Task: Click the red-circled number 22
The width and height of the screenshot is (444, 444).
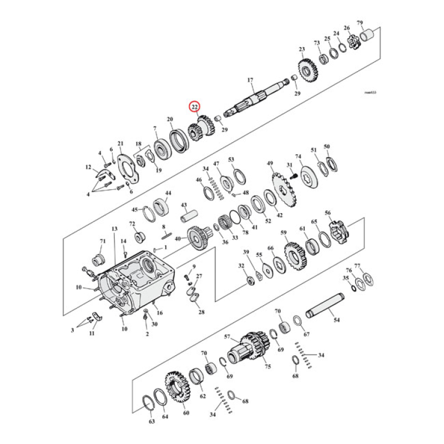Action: click(x=195, y=107)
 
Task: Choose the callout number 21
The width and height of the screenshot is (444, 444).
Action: click(x=120, y=144)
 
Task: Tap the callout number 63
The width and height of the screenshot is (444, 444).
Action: click(x=152, y=422)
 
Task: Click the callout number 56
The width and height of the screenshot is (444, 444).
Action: click(x=327, y=213)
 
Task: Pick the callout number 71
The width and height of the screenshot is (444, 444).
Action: click(x=102, y=241)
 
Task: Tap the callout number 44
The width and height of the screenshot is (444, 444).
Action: click(x=168, y=193)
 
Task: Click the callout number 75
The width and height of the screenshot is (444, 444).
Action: click(x=268, y=367)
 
